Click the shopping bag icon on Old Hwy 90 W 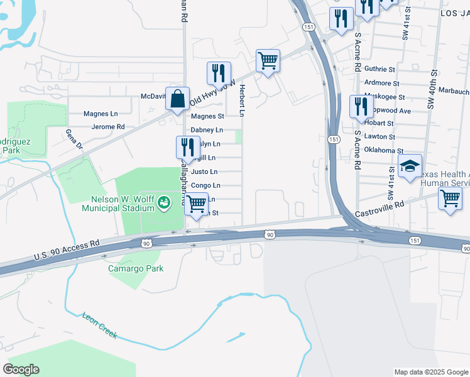178,98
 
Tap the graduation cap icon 410,166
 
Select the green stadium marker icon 164,202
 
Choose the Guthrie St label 380,69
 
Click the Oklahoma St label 383,151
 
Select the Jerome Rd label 108,126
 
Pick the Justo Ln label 204,172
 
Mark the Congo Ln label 205,185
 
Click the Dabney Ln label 207,130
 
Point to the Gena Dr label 74,139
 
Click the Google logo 21,369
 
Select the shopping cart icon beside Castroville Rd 450,199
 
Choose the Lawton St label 380,137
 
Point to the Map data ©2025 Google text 431,372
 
